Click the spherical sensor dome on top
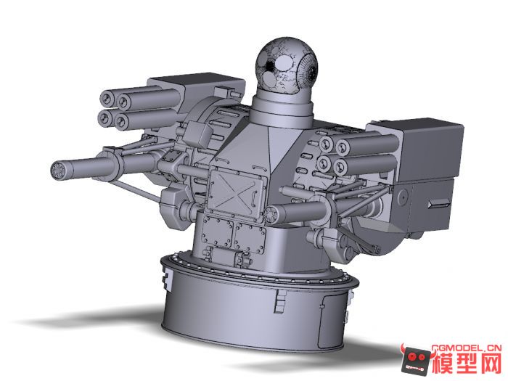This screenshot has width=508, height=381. pyautogui.click(x=288, y=65)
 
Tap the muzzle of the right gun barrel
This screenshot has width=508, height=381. pyautogui.click(x=273, y=213)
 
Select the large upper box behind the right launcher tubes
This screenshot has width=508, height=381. pyautogui.click(x=428, y=149)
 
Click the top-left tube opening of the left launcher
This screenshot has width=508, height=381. pyautogui.click(x=108, y=98)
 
